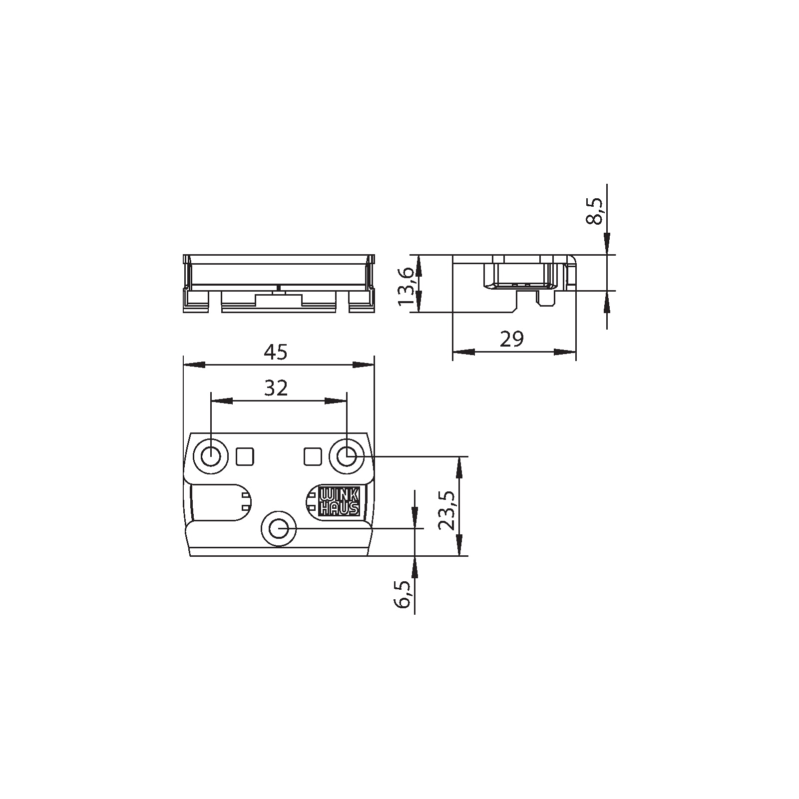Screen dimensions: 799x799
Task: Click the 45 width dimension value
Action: pyautogui.click(x=276, y=352)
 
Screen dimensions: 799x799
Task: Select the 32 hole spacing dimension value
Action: pyautogui.click(x=276, y=388)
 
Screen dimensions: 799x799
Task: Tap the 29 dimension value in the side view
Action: pyautogui.click(x=512, y=339)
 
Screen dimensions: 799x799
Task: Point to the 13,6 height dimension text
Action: pyautogui.click(x=406, y=286)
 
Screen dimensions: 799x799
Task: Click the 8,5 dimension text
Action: pyautogui.click(x=595, y=211)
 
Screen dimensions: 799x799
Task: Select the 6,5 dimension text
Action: pyautogui.click(x=402, y=594)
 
